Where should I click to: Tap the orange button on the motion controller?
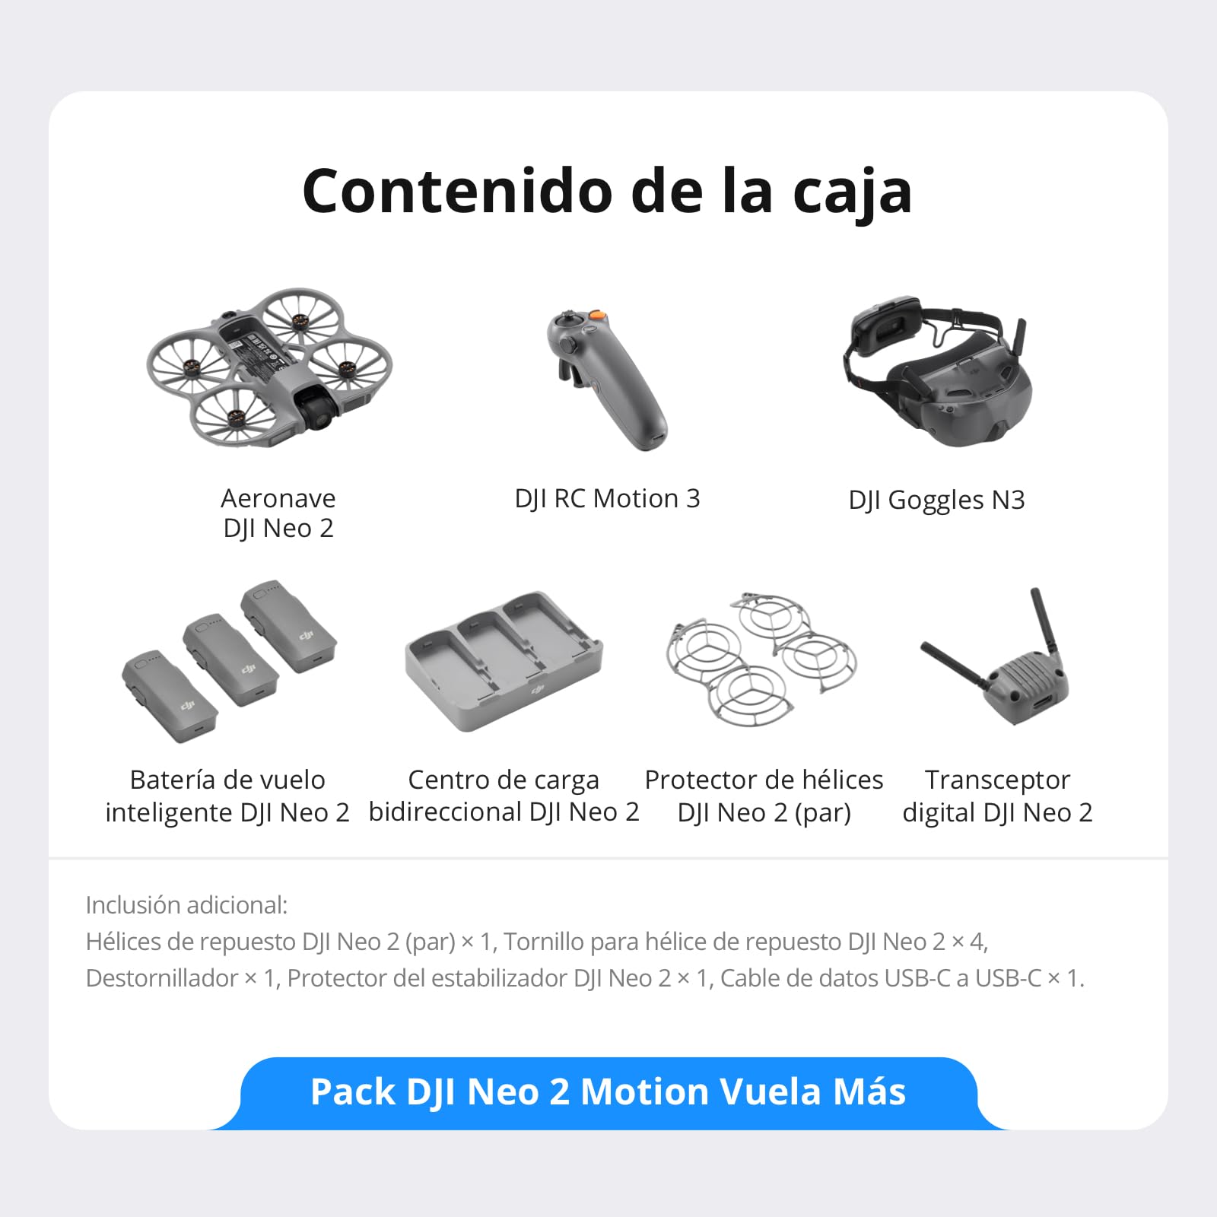[x=598, y=316]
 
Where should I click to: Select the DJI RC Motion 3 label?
[x=607, y=499]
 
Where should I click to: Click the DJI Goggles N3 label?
[x=936, y=500]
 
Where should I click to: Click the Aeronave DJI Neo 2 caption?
[x=278, y=513]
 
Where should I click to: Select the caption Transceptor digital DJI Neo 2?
[x=997, y=796]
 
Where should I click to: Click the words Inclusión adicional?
[x=186, y=905]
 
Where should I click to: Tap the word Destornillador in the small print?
[x=161, y=978]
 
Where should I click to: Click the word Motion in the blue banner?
[x=645, y=1092]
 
